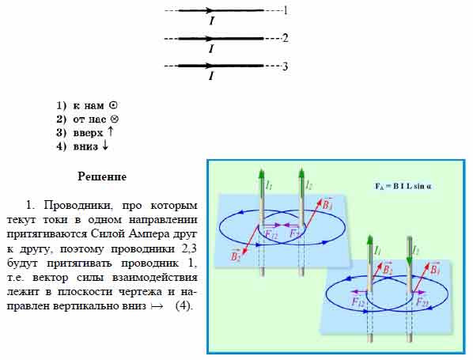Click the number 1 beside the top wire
pyautogui.click(x=286, y=11)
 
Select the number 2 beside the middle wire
pyautogui.click(x=285, y=38)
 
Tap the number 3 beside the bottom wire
pyautogui.click(x=285, y=66)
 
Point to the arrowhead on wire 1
pyautogui.click(x=208, y=10)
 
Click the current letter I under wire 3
pyautogui.click(x=211, y=76)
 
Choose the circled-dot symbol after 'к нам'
pyautogui.click(x=113, y=105)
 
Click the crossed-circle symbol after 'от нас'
pyautogui.click(x=115, y=119)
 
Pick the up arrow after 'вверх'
pyautogui.click(x=111, y=131)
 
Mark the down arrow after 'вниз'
pyautogui.click(x=105, y=146)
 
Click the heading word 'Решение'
pyautogui.click(x=102, y=176)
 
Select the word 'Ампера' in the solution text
pyautogui.click(x=147, y=234)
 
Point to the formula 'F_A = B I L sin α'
pyautogui.click(x=403, y=186)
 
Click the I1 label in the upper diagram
pyautogui.click(x=269, y=185)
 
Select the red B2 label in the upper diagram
pyautogui.click(x=236, y=256)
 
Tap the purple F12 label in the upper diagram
pyautogui.click(x=271, y=234)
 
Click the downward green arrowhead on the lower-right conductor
pyautogui.click(x=410, y=260)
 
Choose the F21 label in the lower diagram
pyautogui.click(x=422, y=301)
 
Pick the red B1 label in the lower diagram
pyautogui.click(x=435, y=269)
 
